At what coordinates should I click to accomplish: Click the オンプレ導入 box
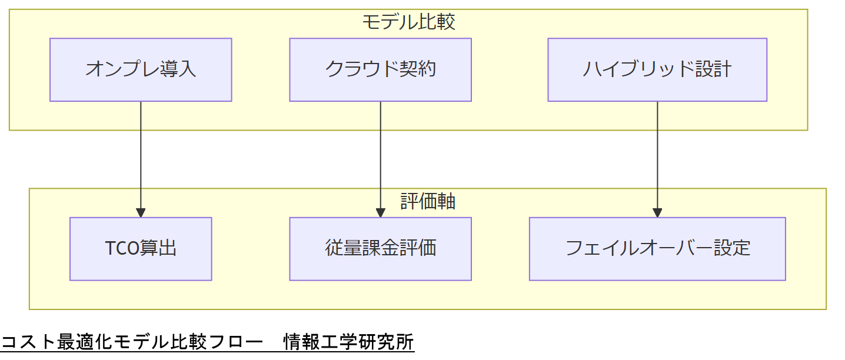tap(141, 69)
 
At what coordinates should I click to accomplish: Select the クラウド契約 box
tap(380, 69)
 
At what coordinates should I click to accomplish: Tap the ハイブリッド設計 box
tap(657, 69)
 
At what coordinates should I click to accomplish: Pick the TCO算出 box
tap(141, 248)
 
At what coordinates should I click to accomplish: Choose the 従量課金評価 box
tap(380, 248)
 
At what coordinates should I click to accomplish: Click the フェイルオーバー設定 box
tap(657, 248)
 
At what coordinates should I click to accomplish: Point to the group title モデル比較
tap(408, 22)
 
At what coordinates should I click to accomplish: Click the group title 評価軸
tap(428, 201)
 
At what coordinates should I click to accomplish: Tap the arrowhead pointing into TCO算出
tap(141, 213)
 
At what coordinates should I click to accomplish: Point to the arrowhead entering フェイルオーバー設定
tap(657, 213)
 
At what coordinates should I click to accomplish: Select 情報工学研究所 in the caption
tap(348, 342)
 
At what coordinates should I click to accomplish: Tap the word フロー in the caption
tap(231, 342)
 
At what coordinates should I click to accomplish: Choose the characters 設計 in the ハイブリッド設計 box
tap(713, 69)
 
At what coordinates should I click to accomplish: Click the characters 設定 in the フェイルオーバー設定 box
tap(732, 248)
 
